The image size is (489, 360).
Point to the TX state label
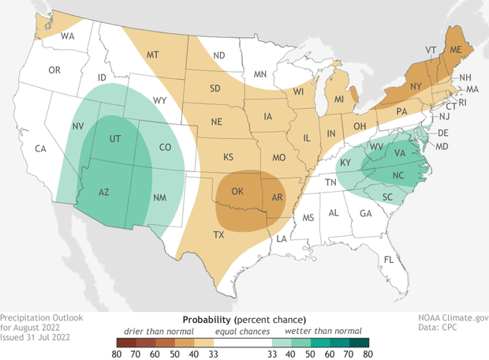point(219,234)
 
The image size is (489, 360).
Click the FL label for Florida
point(388,259)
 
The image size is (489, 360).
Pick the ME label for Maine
point(455,48)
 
